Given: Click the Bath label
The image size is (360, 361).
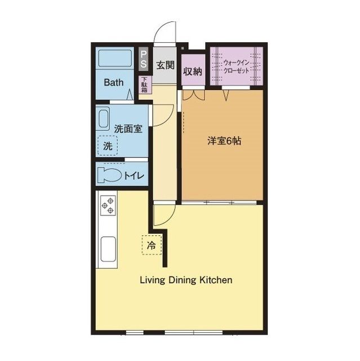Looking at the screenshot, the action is (114, 82).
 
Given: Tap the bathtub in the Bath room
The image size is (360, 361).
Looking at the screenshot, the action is (115, 58).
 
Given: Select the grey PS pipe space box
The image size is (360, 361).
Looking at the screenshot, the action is (144, 59).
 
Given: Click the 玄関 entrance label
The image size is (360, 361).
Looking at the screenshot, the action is (165, 65).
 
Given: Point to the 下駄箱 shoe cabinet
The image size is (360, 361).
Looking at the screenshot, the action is (145, 85).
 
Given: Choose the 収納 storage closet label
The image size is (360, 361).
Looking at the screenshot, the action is (193, 72).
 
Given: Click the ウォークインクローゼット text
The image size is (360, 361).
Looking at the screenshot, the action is (236, 67).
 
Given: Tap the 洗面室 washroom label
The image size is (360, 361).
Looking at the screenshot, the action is (128, 129).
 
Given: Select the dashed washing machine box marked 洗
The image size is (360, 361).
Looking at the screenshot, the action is (108, 146).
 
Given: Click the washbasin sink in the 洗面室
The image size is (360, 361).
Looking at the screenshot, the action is (103, 119).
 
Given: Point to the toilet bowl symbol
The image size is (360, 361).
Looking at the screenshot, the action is (109, 175).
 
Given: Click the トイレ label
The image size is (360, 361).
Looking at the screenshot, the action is (134, 175).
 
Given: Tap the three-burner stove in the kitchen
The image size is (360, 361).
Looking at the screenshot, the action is (108, 205).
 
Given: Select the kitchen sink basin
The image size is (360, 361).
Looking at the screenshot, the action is (108, 249).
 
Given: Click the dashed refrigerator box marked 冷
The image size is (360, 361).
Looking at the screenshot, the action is (152, 245).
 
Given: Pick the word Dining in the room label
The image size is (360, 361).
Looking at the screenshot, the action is (183, 280).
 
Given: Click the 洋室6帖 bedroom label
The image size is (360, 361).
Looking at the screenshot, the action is (224, 140).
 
